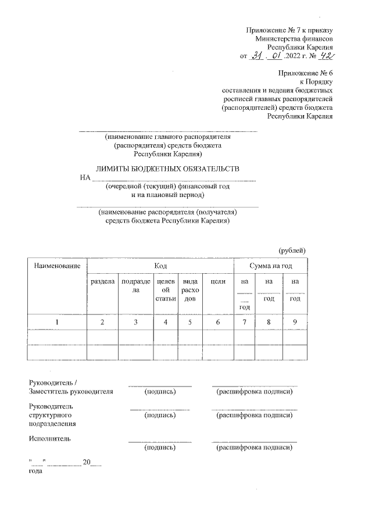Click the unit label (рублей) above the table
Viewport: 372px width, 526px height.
click(292, 250)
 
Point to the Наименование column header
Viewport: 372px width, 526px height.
click(56, 266)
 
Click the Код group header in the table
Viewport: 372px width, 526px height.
click(160, 266)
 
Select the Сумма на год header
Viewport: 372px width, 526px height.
click(270, 266)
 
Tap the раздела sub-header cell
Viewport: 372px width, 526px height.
click(102, 281)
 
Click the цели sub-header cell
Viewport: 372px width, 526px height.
click(217, 281)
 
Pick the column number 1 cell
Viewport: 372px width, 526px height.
click(56, 321)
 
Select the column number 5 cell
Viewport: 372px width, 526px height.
click(189, 321)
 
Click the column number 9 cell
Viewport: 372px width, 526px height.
click(295, 321)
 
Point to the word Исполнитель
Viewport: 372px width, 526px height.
click(49, 438)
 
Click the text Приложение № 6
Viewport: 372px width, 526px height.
click(306, 74)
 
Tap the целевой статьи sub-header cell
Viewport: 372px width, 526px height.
click(165, 289)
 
